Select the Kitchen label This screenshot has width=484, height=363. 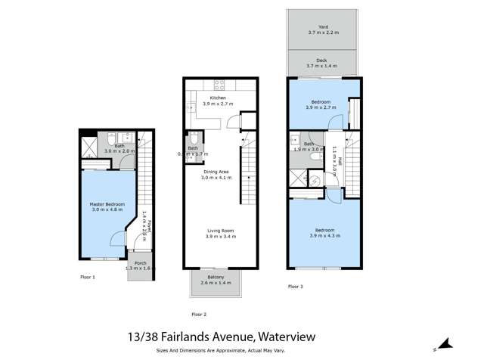pos(218,98)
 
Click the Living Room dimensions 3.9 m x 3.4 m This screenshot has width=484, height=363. pos(220,237)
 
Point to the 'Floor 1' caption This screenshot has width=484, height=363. pos(88,278)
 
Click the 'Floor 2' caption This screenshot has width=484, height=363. pos(199,314)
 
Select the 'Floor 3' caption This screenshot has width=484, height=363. pos(296,287)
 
